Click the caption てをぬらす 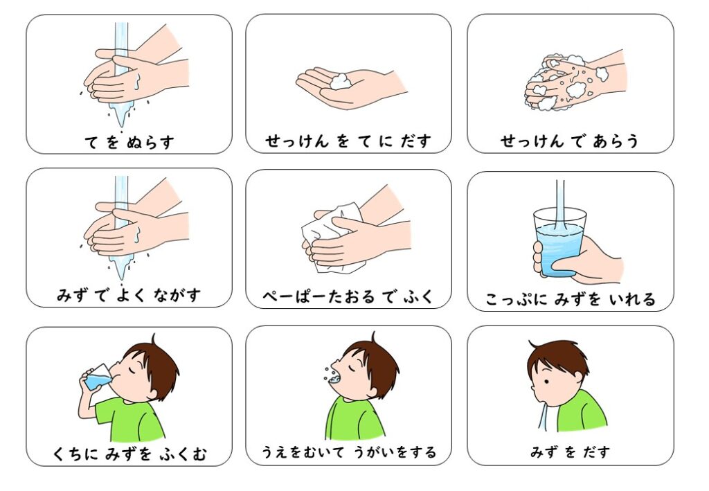tap(129, 142)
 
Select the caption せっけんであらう tap(569, 141)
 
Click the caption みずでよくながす tap(129, 296)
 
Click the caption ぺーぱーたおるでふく tap(348, 297)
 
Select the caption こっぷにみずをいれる tap(570, 300)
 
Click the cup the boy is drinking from tap(96, 378)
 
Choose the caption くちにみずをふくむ tap(129, 455)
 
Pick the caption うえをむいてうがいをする tap(348, 453)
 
